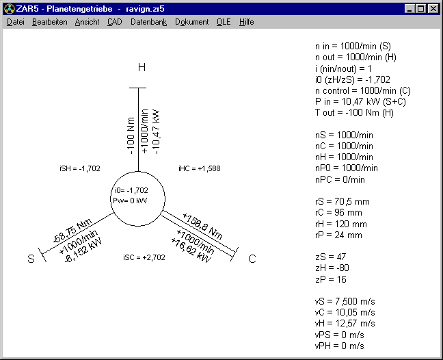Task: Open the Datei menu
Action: pos(16,22)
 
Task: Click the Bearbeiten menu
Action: pos(50,22)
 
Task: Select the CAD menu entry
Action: pos(115,22)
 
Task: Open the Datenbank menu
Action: pos(148,22)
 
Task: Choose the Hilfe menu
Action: pos(246,22)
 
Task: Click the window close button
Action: pos(433,9)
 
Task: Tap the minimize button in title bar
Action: pos(410,9)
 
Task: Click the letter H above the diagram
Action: pos(142,67)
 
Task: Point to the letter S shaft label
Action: pos(31,259)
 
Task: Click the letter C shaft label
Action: pos(252,259)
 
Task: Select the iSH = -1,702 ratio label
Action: pos(80,168)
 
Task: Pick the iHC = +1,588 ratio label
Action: pos(200,168)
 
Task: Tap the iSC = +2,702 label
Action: pos(144,257)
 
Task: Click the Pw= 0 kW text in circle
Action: pos(130,201)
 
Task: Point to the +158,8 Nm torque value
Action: pos(202,226)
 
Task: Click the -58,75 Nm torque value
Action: pos(72,231)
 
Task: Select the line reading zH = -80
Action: pos(332,268)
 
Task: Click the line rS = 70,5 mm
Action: pos(343,202)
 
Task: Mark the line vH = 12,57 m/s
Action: pos(345,323)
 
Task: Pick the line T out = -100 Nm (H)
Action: pos(354,112)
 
